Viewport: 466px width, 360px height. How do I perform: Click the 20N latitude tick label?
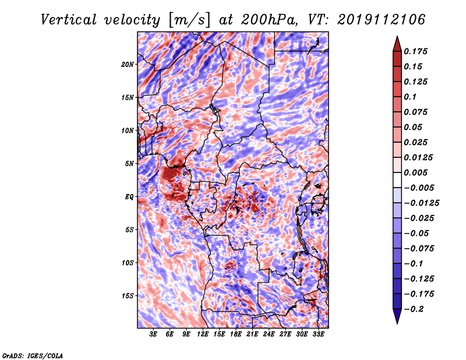(x=127, y=64)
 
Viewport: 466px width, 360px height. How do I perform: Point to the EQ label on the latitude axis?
(x=129, y=196)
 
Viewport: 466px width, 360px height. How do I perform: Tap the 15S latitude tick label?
(x=127, y=296)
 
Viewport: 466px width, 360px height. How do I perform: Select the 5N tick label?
(x=129, y=164)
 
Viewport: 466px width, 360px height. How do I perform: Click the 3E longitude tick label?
(x=153, y=334)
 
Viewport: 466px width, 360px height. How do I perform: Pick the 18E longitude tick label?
(x=235, y=334)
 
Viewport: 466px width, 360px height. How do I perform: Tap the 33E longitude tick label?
(x=318, y=334)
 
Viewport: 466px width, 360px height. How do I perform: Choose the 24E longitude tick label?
(x=269, y=334)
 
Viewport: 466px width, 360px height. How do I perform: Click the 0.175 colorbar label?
(x=415, y=51)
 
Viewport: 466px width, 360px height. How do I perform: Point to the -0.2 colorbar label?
(x=414, y=309)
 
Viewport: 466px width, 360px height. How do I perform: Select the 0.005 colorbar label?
(x=415, y=172)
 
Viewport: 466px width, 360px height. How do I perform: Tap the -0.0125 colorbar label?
(x=421, y=203)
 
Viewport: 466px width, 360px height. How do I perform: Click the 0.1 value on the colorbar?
(x=410, y=97)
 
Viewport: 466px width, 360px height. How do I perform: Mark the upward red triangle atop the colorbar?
(x=397, y=45)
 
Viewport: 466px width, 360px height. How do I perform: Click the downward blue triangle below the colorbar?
(x=397, y=316)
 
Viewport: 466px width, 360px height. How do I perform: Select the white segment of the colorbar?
(x=397, y=180)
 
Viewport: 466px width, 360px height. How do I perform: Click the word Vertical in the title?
(x=68, y=20)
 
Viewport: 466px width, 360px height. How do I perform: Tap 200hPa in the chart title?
(x=269, y=20)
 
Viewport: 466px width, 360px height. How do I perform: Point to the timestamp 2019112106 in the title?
(x=382, y=20)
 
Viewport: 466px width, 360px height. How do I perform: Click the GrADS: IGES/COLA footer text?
(x=33, y=355)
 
